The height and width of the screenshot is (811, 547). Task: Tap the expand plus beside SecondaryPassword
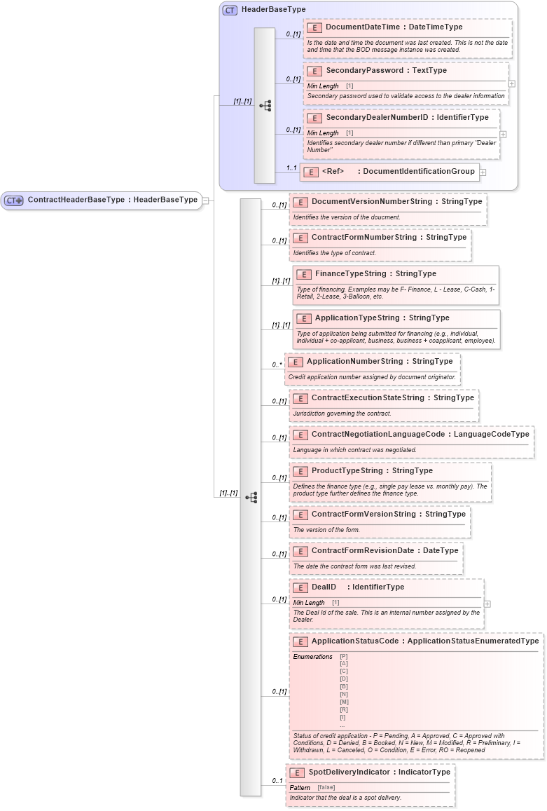[512, 83]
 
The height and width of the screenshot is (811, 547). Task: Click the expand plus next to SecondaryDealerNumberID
[503, 134]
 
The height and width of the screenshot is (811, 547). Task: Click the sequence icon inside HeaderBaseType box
[265, 106]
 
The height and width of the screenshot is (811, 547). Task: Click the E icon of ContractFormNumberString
[300, 238]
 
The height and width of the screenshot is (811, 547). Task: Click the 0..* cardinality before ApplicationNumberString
[277, 365]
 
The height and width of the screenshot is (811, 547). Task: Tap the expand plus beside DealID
[487, 604]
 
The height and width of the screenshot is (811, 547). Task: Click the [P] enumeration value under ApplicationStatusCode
[343, 657]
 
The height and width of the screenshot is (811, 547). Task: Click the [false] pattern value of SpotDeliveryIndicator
[326, 787]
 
